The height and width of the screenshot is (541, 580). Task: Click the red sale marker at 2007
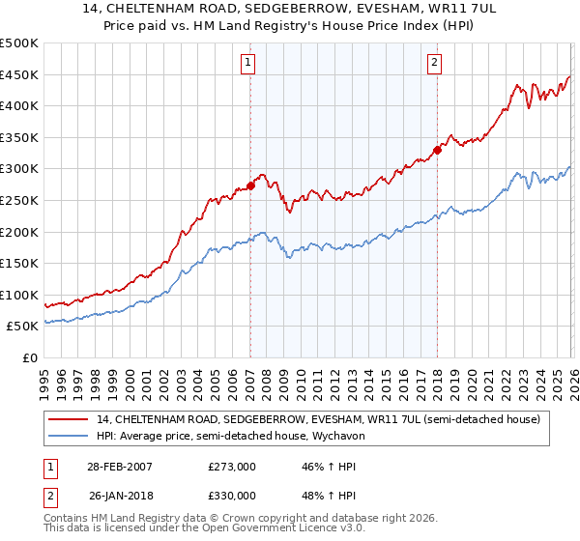[250, 185]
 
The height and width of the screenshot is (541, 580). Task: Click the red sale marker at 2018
[437, 150]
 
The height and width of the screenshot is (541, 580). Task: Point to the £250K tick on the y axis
[19, 200]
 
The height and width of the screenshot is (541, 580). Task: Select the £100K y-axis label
[19, 295]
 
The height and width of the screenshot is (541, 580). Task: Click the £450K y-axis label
[19, 74]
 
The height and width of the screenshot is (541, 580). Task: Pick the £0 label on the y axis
[29, 357]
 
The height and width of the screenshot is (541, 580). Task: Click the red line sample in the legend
[69, 419]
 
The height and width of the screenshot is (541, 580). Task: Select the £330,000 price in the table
[232, 495]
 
